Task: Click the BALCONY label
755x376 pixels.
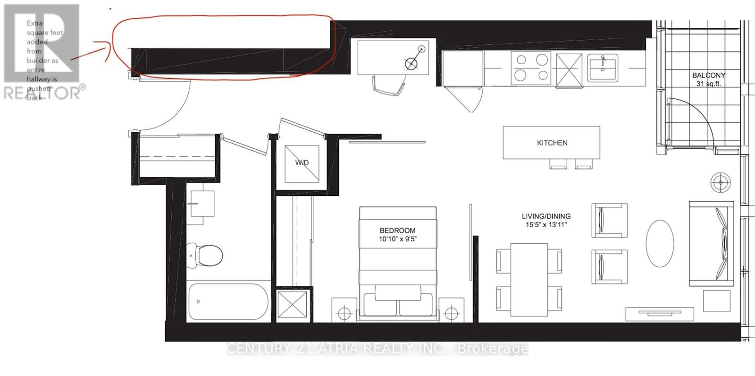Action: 708,75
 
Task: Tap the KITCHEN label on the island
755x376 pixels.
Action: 552,143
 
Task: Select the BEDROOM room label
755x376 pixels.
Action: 397,231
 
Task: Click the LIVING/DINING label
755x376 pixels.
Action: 546,216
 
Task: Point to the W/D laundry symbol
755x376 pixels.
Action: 302,163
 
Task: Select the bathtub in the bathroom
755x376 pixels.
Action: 228,302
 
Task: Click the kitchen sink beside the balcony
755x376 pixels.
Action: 603,68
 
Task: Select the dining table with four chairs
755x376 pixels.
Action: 529,280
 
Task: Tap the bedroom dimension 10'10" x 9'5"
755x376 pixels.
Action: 397,239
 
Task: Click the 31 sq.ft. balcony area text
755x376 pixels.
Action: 708,84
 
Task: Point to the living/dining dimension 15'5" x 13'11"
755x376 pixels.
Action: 546,225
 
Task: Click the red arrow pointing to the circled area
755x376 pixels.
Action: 90,51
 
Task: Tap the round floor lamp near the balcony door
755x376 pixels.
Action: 721,182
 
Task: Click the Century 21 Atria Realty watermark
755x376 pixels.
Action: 377,349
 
